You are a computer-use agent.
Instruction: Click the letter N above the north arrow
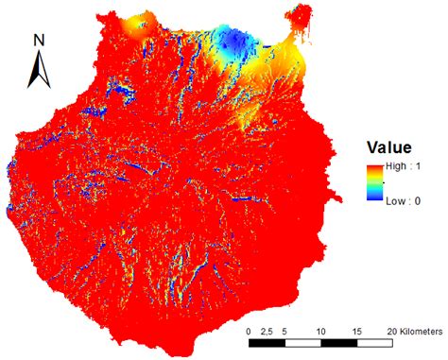tap(39, 40)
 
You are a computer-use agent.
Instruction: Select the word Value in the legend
tap(389, 147)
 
